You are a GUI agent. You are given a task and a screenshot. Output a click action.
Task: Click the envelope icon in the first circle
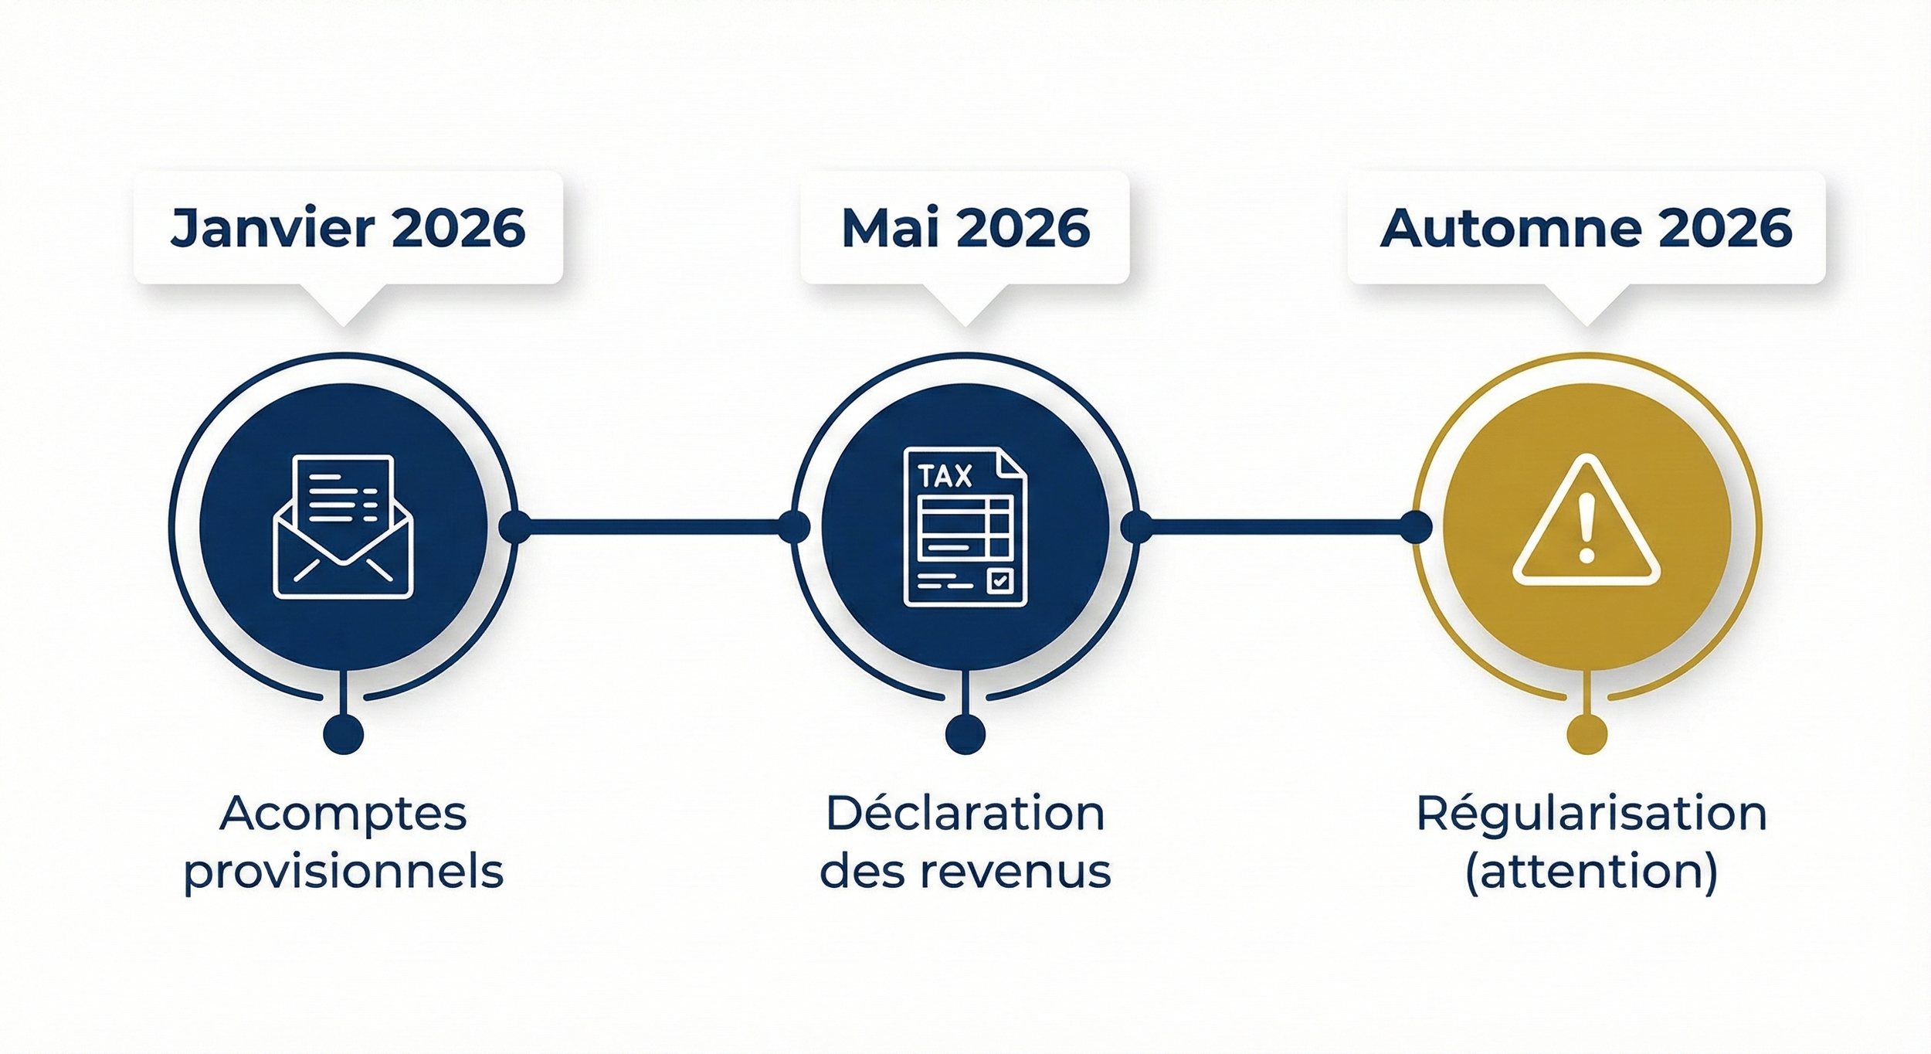pyautogui.click(x=344, y=527)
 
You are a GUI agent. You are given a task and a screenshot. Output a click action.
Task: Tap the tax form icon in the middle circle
pyautogui.click(x=965, y=527)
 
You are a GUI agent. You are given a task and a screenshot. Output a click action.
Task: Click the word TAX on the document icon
pyautogui.click(x=945, y=476)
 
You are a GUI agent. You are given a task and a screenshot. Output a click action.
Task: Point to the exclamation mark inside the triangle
pyautogui.click(x=1587, y=528)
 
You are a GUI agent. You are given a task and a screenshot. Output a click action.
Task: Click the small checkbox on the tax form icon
pyautogui.click(x=999, y=580)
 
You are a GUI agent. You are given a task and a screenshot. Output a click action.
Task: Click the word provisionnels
pyautogui.click(x=344, y=872)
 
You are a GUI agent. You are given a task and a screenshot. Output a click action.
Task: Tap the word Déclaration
pyautogui.click(x=965, y=814)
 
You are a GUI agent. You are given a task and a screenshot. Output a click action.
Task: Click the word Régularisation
pyautogui.click(x=1591, y=814)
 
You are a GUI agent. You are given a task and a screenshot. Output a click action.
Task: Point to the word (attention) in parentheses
pyautogui.click(x=1591, y=872)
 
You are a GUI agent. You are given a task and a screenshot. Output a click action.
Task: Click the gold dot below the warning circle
pyautogui.click(x=1587, y=733)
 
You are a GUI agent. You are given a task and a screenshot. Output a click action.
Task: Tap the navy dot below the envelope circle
pyautogui.click(x=344, y=733)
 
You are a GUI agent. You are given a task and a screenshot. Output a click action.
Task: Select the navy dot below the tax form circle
pyautogui.click(x=965, y=733)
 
